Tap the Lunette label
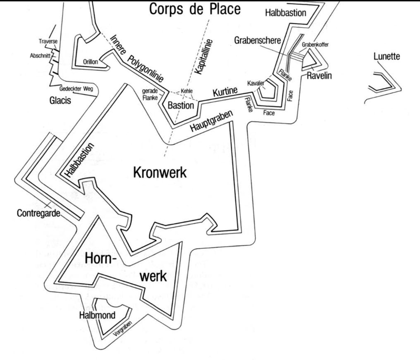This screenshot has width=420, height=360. pyautogui.click(x=386, y=56)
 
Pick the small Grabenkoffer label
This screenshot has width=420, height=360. pyautogui.click(x=316, y=46)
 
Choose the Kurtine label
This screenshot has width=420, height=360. pyautogui.click(x=225, y=93)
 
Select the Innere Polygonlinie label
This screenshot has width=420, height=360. pyautogui.click(x=138, y=58)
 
